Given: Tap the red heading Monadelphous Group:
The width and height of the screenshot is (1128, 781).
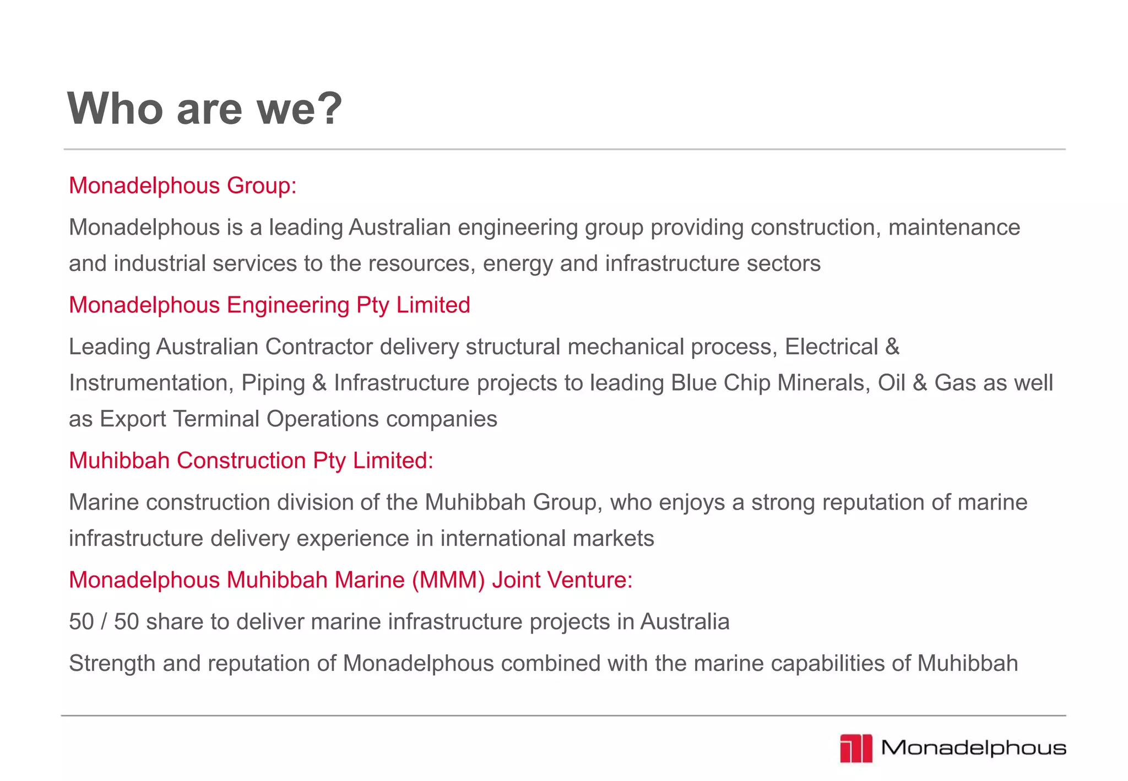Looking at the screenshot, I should (182, 186).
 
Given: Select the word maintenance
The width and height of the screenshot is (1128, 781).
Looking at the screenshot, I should (954, 227).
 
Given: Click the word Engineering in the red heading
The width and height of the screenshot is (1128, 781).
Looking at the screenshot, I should (288, 305).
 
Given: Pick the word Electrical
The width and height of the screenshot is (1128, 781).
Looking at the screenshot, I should (831, 347).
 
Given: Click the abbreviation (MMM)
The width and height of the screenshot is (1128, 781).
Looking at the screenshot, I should (448, 580).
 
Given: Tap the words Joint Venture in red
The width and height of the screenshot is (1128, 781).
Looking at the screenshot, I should (562, 580).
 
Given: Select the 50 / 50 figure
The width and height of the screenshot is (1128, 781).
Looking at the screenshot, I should (104, 622).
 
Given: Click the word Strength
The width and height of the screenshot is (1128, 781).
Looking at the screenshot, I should (112, 664).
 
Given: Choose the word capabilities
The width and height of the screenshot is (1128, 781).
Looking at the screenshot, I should (827, 664).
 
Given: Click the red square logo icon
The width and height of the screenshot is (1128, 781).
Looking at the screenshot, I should (856, 749).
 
